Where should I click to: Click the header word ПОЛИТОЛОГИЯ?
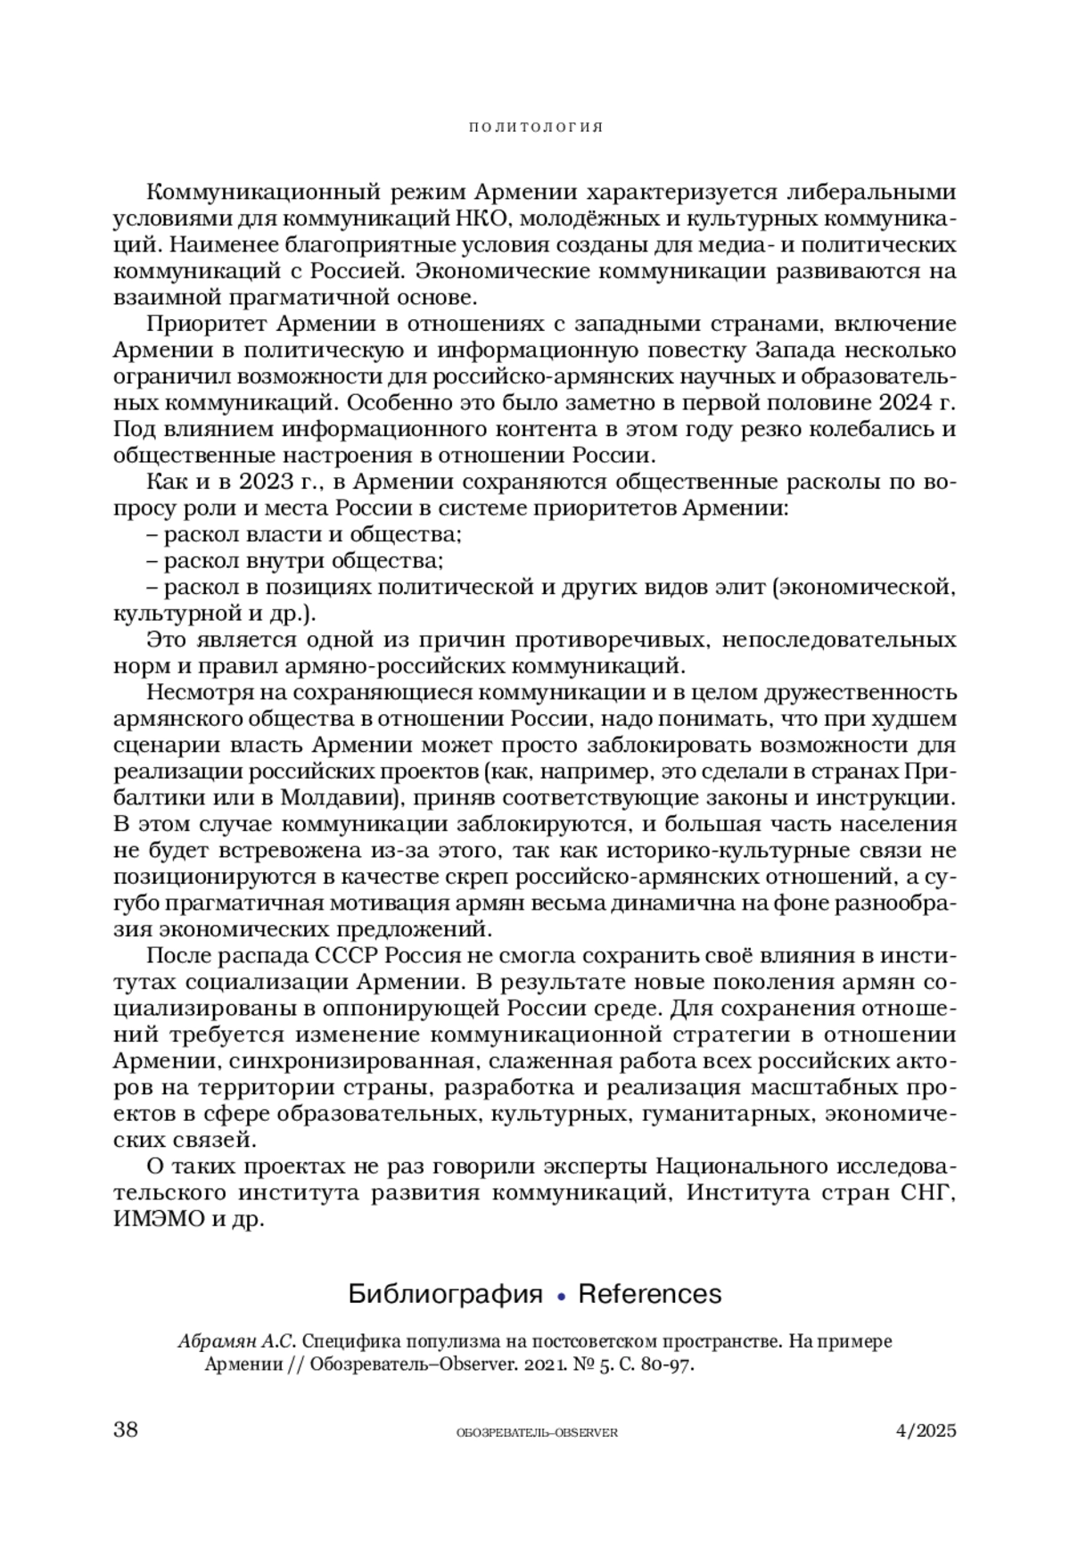pos(536,128)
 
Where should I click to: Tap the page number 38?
pos(126,1430)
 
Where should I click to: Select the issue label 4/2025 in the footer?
pos(926,1431)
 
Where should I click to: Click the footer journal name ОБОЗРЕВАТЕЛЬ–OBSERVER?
pos(536,1432)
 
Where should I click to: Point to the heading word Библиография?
pos(445,1294)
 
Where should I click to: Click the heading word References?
pos(649,1294)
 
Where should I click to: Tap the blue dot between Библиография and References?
pos(561,1296)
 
